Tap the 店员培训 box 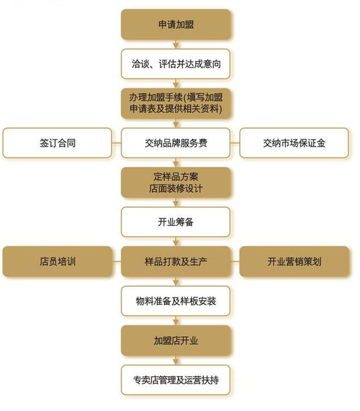[59, 261]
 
